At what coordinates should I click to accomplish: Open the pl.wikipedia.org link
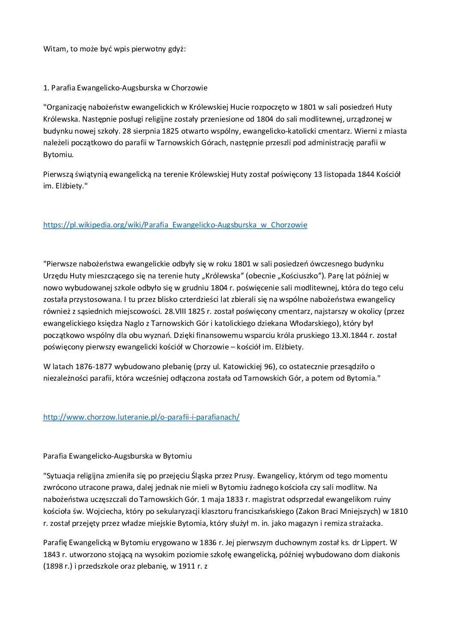pyautogui.click(x=175, y=225)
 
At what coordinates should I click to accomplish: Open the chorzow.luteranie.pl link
pyautogui.click(x=141, y=417)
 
